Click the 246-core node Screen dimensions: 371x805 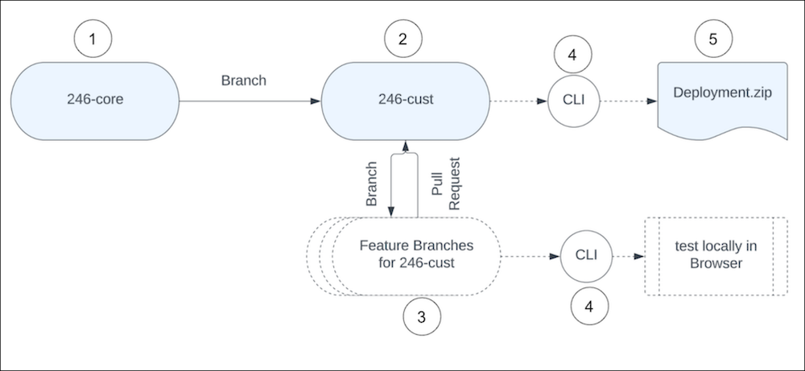95,101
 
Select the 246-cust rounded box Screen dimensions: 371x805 406,101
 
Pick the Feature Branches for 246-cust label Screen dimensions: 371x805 416,255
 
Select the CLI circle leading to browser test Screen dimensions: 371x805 585,256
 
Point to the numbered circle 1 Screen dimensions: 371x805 95,39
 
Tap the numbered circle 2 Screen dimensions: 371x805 406,39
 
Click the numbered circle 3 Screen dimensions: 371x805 422,315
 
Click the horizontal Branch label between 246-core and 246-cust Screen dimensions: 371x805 242,81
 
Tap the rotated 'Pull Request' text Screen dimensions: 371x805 446,183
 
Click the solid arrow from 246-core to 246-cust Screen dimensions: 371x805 250,101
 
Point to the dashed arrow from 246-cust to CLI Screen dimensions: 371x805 519,101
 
